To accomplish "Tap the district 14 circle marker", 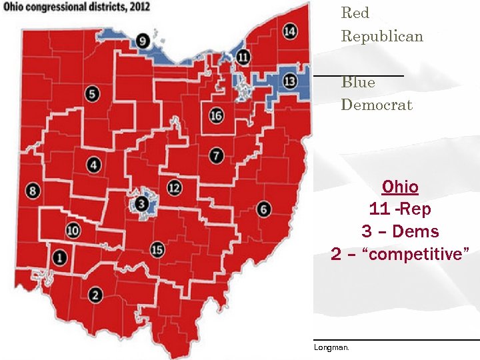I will point(289,31).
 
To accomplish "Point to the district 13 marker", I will point(289,81).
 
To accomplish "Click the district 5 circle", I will point(93,94).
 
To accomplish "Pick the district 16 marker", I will point(216,115).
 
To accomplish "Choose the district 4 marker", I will point(94,165).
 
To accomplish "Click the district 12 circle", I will point(174,187).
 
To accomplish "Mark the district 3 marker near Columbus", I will point(141,203).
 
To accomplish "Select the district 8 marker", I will point(33,192).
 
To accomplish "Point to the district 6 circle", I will point(263,209).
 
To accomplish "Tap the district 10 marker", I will point(73,231).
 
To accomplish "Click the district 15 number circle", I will point(157,249).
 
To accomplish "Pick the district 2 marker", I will point(95,295).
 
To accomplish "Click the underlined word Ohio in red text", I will point(400,187).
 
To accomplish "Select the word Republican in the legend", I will point(382,36).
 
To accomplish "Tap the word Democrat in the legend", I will point(377,105).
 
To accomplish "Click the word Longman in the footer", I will point(331,347).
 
